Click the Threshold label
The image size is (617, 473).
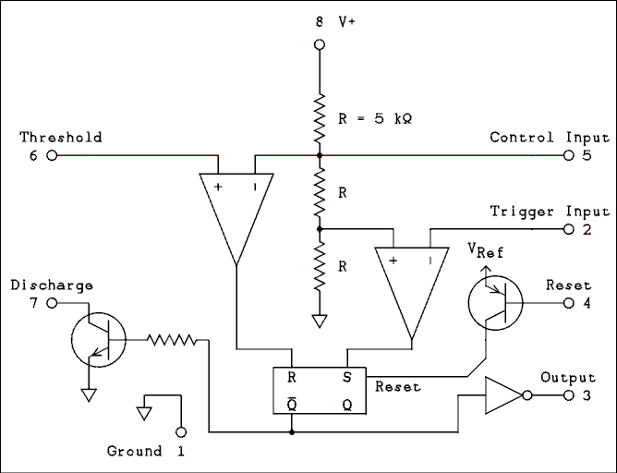coord(61,138)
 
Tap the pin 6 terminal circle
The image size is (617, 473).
coord(52,156)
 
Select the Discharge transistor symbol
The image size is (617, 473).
coord(95,339)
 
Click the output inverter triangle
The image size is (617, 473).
coord(500,394)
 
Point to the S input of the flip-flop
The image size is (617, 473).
coord(347,377)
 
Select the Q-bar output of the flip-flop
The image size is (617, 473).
coord(292,404)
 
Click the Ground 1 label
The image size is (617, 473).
coord(145,452)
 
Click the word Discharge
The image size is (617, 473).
coord(52,285)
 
